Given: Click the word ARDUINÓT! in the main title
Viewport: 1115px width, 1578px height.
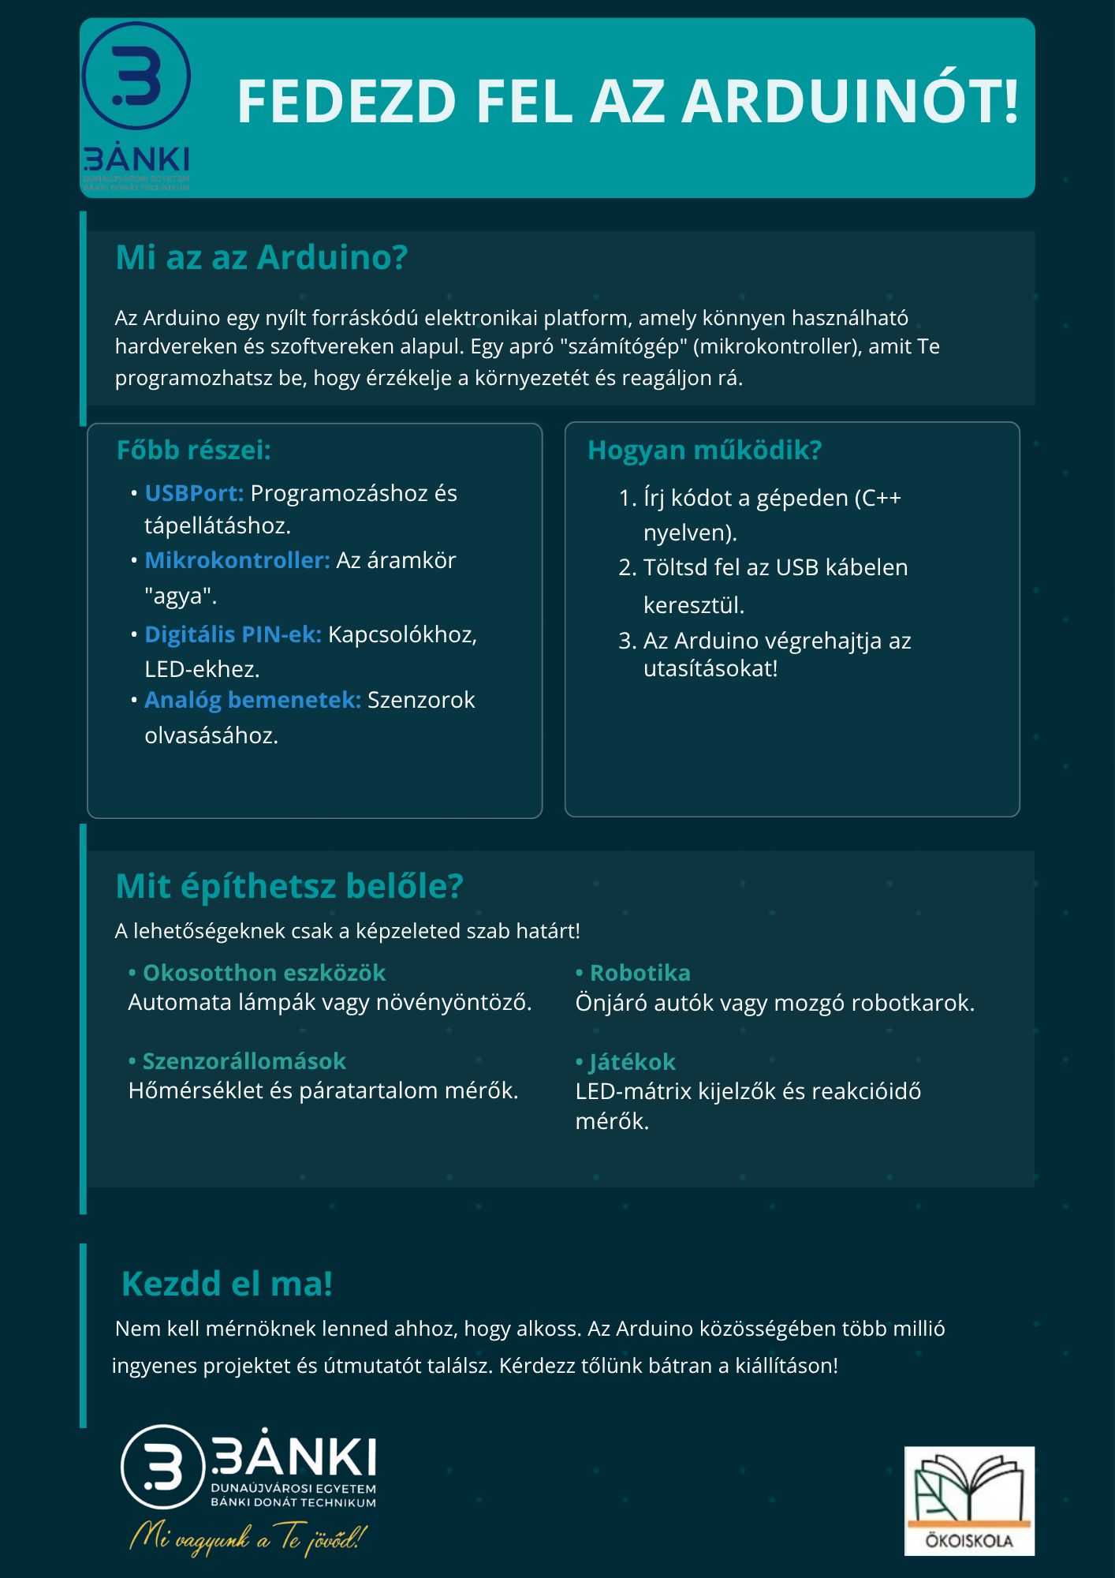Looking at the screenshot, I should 850,103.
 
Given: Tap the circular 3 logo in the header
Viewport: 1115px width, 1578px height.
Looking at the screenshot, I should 136,76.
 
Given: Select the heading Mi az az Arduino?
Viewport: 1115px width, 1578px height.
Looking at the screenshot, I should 261,258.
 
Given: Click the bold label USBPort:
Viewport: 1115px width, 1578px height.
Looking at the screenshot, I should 194,493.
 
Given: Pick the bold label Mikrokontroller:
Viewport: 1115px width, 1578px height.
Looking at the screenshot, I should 237,560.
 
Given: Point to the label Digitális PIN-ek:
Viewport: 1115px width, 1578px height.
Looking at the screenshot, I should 233,634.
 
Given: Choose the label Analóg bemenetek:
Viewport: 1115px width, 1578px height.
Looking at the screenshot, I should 252,700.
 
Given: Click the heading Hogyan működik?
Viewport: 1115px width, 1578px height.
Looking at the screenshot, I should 704,450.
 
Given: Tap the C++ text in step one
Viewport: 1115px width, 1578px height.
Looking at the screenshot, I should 881,498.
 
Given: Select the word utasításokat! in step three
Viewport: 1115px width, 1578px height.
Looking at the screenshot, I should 710,669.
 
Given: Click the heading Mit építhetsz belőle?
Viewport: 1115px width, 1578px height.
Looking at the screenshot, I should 289,886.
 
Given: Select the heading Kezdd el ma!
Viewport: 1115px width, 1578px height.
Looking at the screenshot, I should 227,1284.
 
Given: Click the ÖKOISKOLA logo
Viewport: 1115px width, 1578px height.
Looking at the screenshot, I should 969,1501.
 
